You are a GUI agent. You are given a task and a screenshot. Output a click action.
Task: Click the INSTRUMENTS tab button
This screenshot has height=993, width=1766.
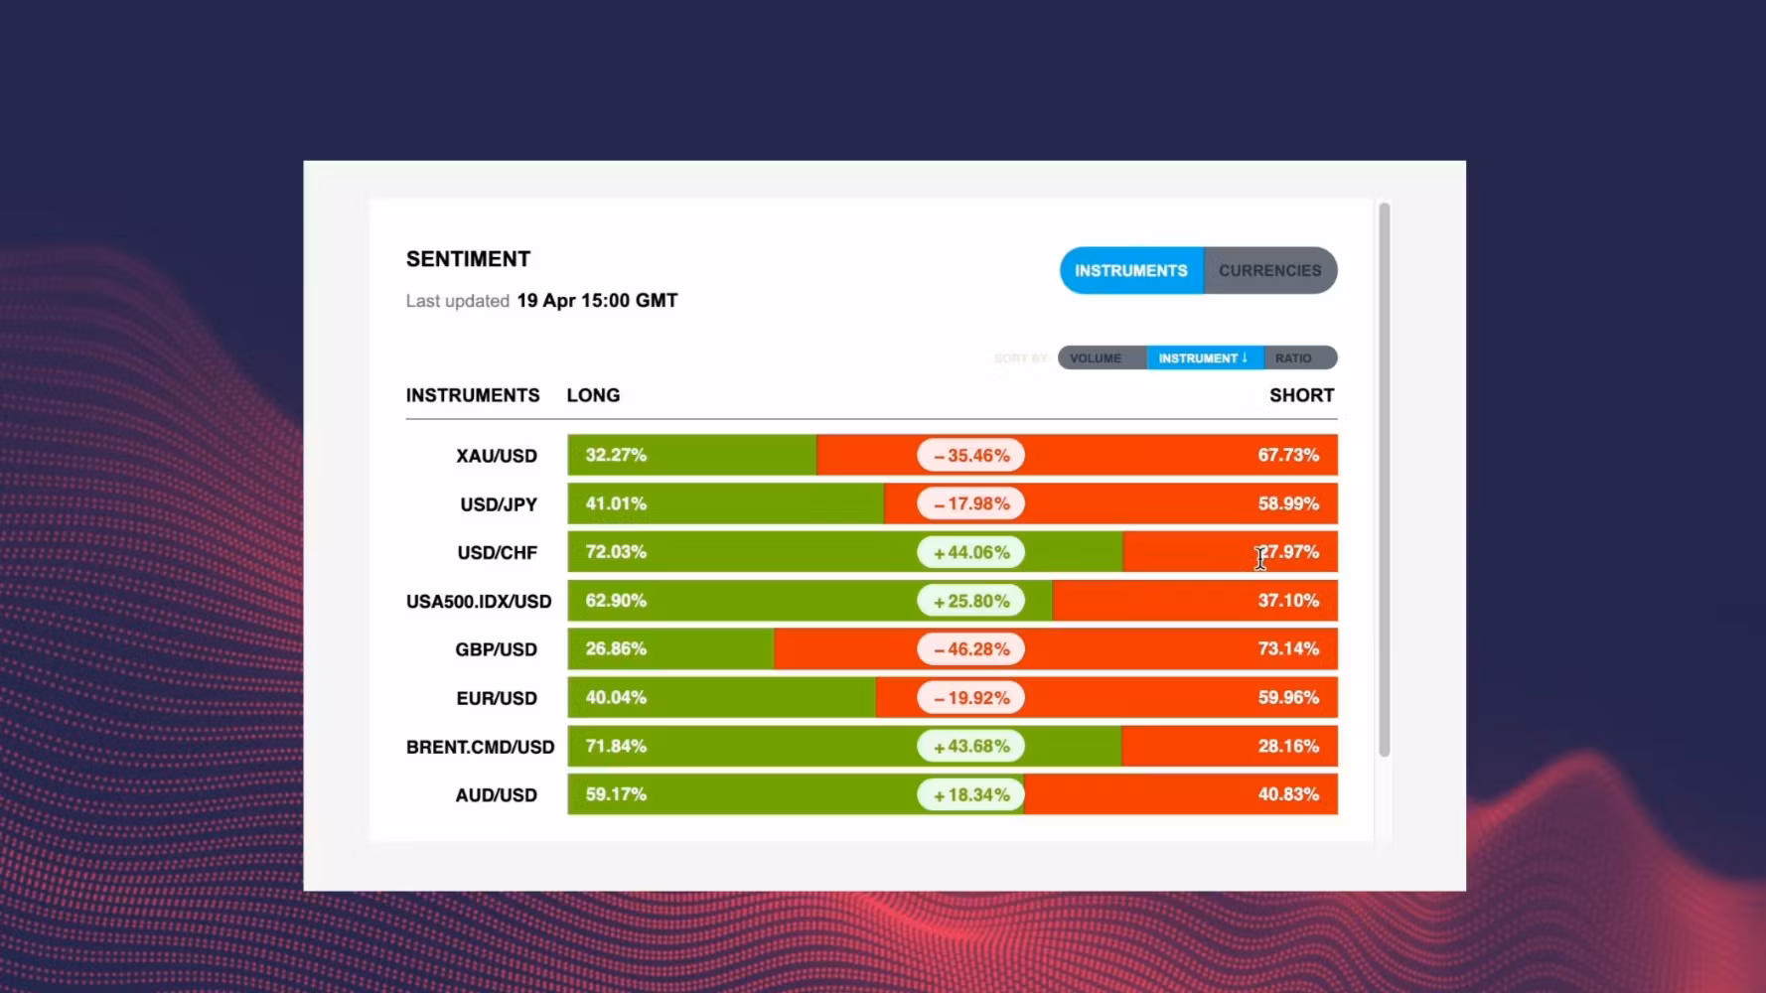pos(1131,270)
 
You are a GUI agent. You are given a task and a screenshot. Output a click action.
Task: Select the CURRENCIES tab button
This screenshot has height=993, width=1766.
pos(1269,270)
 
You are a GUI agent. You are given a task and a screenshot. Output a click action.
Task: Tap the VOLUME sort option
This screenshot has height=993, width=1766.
pos(1096,357)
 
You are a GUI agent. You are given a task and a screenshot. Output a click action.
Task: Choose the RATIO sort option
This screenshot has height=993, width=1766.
pos(1293,357)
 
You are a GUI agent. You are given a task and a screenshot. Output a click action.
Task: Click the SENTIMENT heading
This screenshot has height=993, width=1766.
pos(468,259)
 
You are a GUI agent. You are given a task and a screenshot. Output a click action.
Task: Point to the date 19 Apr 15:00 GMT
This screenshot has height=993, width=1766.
pos(597,301)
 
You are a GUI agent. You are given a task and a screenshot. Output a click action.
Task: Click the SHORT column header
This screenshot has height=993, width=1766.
pos(1301,395)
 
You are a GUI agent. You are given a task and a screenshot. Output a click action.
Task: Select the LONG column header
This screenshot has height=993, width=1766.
pos(593,395)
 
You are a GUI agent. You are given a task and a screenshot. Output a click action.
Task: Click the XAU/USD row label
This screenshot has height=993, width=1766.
pos(497,456)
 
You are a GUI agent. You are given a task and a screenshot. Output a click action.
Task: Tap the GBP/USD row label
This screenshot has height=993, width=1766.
pos(496,649)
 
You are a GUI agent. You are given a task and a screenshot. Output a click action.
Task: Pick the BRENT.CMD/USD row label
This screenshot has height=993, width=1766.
pos(480,747)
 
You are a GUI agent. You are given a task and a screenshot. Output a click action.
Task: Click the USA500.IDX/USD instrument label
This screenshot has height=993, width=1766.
pos(478,602)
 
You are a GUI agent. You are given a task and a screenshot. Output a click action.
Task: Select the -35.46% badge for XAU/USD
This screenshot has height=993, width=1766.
pos(971,456)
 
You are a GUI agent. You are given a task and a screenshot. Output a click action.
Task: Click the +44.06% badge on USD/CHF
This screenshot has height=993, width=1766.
pos(971,553)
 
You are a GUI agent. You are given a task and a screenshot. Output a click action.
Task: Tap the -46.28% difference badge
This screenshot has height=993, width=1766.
pos(971,649)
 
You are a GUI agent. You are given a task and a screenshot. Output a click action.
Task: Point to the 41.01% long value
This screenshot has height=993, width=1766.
pos(616,503)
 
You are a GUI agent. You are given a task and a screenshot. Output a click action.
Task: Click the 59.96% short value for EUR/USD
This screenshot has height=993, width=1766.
pos(1288,697)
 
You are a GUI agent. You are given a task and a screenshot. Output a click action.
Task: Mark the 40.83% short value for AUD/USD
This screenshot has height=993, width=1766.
pos(1288,794)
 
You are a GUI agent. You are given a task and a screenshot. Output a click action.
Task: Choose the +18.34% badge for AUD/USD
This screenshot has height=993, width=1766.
pos(971,795)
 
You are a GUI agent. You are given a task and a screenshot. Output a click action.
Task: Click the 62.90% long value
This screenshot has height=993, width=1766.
pos(616,601)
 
